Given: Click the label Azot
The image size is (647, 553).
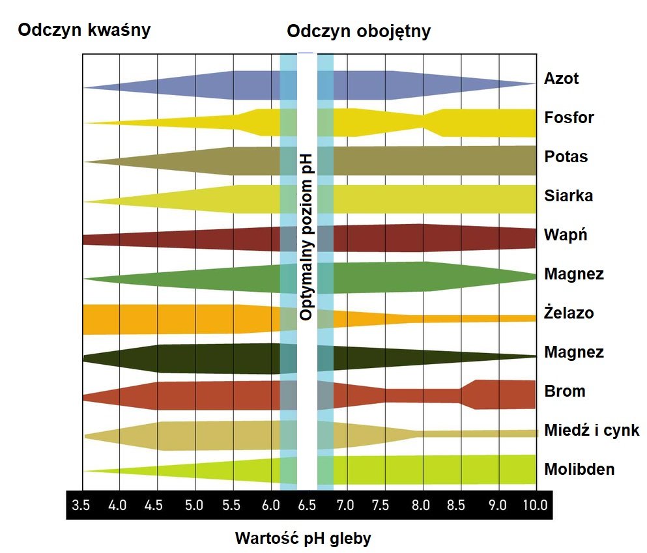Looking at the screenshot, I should click(561, 79).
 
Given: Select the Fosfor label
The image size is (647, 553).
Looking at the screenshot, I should click(569, 118).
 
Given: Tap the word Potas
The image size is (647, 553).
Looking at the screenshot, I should click(566, 157).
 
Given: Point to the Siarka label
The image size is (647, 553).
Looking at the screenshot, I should click(568, 196).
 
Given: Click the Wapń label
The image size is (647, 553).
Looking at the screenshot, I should click(565, 235).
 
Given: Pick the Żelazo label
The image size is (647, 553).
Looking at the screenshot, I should click(569, 313).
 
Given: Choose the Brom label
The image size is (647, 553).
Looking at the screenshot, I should click(564, 391).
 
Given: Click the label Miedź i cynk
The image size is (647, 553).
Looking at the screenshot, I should click(592, 431).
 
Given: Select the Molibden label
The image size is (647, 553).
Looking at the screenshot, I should click(579, 470).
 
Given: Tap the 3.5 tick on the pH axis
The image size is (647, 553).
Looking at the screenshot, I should click(81, 505).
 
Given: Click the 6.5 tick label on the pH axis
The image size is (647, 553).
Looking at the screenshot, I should click(307, 505).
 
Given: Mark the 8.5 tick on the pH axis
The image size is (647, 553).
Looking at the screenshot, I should click(459, 505).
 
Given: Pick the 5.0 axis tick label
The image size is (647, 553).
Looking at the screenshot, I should click(194, 505).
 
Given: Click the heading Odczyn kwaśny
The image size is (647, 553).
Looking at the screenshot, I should click(85, 30).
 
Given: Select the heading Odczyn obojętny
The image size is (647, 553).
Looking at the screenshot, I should click(358, 31).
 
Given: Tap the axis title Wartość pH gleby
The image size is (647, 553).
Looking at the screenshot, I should click(303, 539).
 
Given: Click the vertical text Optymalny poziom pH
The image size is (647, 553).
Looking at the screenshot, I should click(307, 238).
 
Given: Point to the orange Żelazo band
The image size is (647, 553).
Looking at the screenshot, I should click(163, 319).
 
